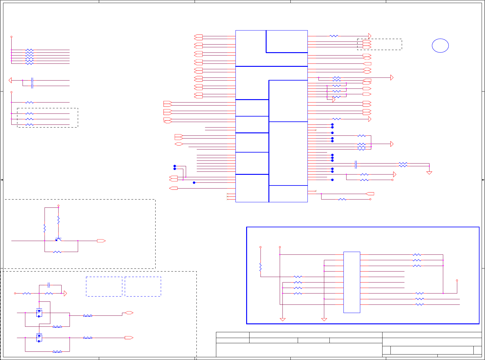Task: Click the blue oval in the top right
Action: pyautogui.click(x=440, y=46)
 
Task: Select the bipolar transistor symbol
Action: pyautogui.click(x=58, y=239)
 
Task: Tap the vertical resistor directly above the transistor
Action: pyautogui.click(x=58, y=220)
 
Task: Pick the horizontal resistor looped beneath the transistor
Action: pyautogui.click(x=57, y=252)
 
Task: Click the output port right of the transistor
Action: pyautogui.click(x=101, y=241)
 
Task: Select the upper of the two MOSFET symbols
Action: pyautogui.click(x=39, y=313)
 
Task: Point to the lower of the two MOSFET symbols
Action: pyautogui.click(x=39, y=338)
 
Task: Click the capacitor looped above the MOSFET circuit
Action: pyautogui.click(x=49, y=285)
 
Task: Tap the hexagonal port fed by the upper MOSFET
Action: pyautogui.click(x=129, y=313)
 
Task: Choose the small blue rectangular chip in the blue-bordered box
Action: pyautogui.click(x=352, y=282)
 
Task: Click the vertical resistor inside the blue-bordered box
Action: pyautogui.click(x=260, y=267)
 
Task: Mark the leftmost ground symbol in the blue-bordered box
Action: pyautogui.click(x=283, y=319)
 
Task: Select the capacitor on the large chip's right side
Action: pyautogui.click(x=356, y=165)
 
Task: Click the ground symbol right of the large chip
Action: pyautogui.click(x=429, y=173)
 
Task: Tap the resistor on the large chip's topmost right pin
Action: pyautogui.click(x=334, y=36)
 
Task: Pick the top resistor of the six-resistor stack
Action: pyautogui.click(x=29, y=50)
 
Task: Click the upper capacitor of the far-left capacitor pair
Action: pyautogui.click(x=32, y=80)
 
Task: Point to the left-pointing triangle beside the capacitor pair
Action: pyautogui.click(x=10, y=80)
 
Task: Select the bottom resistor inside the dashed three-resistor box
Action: pyautogui.click(x=29, y=124)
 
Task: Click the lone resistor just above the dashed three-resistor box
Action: pyautogui.click(x=29, y=103)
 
